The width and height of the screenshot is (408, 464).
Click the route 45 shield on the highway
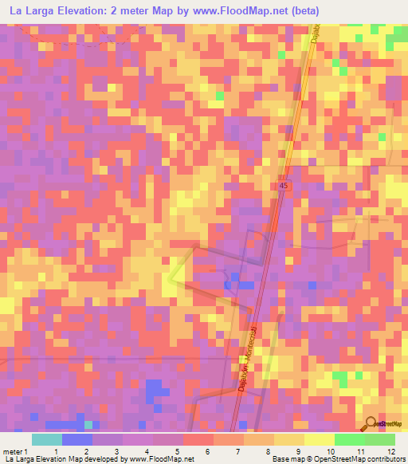point(284,185)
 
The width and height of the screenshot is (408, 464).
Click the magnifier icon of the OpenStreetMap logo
point(371,423)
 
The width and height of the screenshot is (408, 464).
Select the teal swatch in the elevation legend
point(47,439)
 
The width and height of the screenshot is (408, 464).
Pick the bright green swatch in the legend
point(350,439)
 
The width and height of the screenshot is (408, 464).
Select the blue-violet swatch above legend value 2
point(77,439)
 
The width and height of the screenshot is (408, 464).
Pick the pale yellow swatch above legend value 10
point(320,439)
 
